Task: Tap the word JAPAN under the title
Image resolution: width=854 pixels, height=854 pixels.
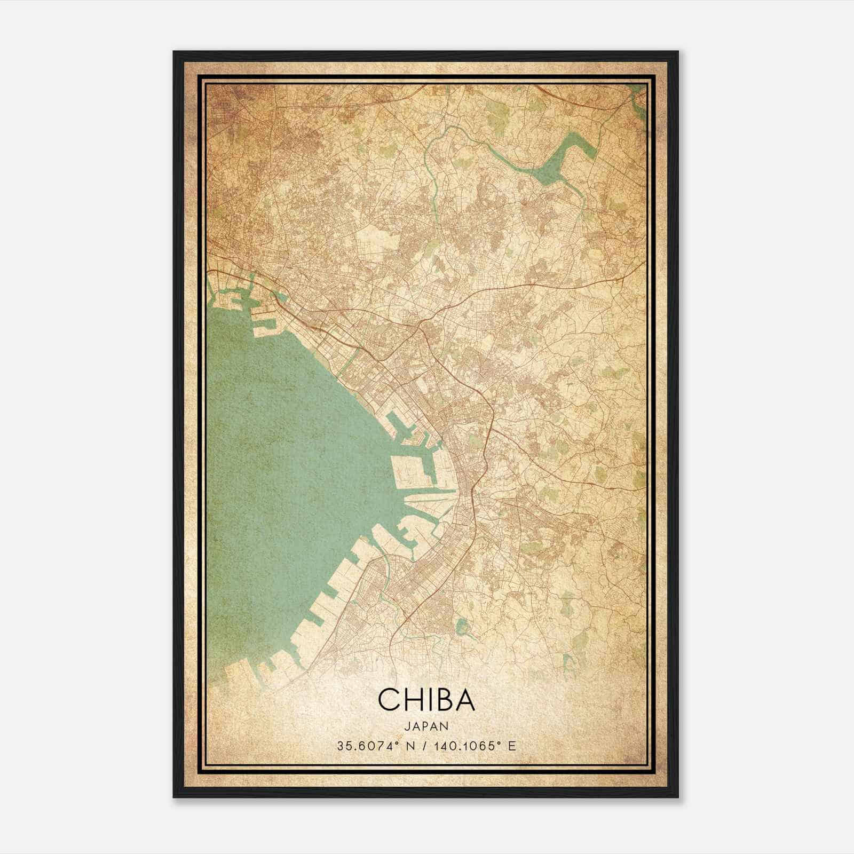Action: pos(426,726)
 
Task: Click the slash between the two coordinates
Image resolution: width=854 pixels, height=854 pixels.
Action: pos(424,746)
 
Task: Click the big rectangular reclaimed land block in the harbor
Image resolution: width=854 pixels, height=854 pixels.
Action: pos(411,470)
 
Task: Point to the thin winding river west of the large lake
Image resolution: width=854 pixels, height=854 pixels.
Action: pos(433,176)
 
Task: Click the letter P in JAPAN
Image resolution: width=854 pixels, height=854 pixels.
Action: pos(426,726)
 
